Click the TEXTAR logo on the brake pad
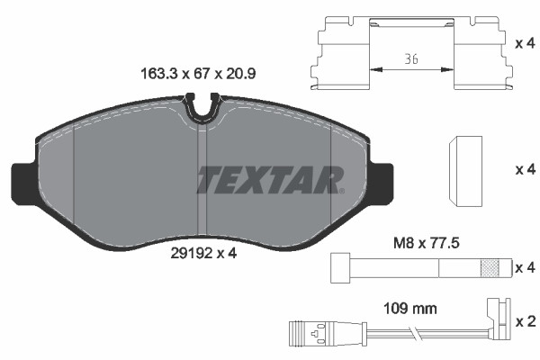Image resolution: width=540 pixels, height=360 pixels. click(269, 179)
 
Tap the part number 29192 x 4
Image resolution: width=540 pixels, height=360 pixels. click(202, 253)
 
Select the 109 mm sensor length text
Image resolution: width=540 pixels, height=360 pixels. click(411, 308)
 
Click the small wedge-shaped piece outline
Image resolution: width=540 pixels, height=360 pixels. click(466, 167)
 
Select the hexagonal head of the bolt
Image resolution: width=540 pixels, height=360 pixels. click(339, 267)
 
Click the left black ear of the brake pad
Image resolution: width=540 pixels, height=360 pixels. click(22, 182)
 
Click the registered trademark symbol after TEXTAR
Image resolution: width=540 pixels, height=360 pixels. click(341, 191)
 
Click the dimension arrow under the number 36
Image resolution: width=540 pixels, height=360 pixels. click(410, 68)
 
